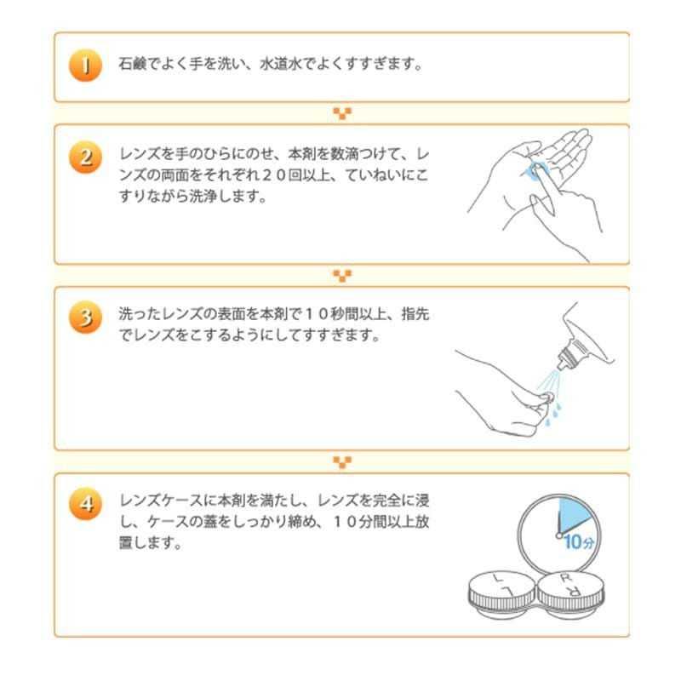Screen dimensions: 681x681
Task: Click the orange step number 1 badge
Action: [x=85, y=66]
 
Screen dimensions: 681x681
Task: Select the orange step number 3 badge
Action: [x=85, y=318]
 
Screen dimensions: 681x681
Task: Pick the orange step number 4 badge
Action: [x=85, y=503]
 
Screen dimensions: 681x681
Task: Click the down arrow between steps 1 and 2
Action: [x=341, y=113]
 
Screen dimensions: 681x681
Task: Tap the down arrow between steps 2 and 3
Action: [x=341, y=276]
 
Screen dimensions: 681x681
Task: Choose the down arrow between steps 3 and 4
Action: [x=341, y=462]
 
